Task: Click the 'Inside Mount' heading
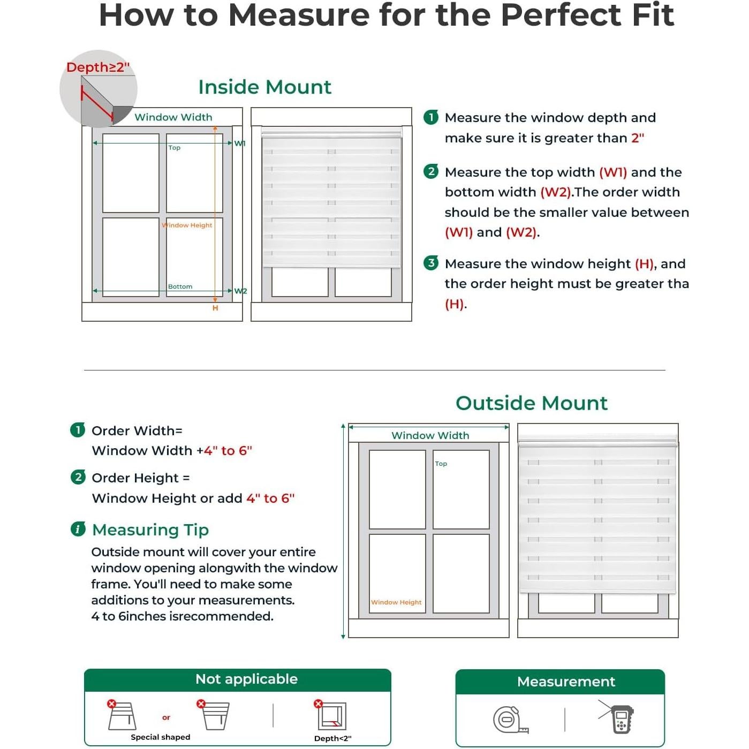pyautogui.click(x=264, y=87)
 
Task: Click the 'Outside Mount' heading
pyautogui.click(x=531, y=403)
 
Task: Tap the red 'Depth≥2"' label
pyautogui.click(x=97, y=67)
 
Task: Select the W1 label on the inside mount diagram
pyautogui.click(x=239, y=143)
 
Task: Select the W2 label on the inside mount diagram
pyautogui.click(x=240, y=291)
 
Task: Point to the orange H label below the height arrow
pyautogui.click(x=215, y=308)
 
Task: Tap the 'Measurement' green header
pyautogui.click(x=566, y=682)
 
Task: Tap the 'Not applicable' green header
pyautogui.click(x=246, y=679)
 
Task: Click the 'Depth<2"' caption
pyautogui.click(x=332, y=738)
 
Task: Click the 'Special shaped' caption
pyautogui.click(x=161, y=737)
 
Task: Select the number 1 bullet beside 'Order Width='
pyautogui.click(x=78, y=430)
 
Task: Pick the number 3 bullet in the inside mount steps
pyautogui.click(x=431, y=263)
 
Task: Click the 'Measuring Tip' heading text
pyautogui.click(x=150, y=529)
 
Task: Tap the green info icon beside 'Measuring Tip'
pyautogui.click(x=78, y=529)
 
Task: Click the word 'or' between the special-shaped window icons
pyautogui.click(x=166, y=717)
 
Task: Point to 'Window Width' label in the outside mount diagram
pyautogui.click(x=430, y=435)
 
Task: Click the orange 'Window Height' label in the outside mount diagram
pyautogui.click(x=396, y=602)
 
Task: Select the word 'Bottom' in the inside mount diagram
pyautogui.click(x=180, y=286)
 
